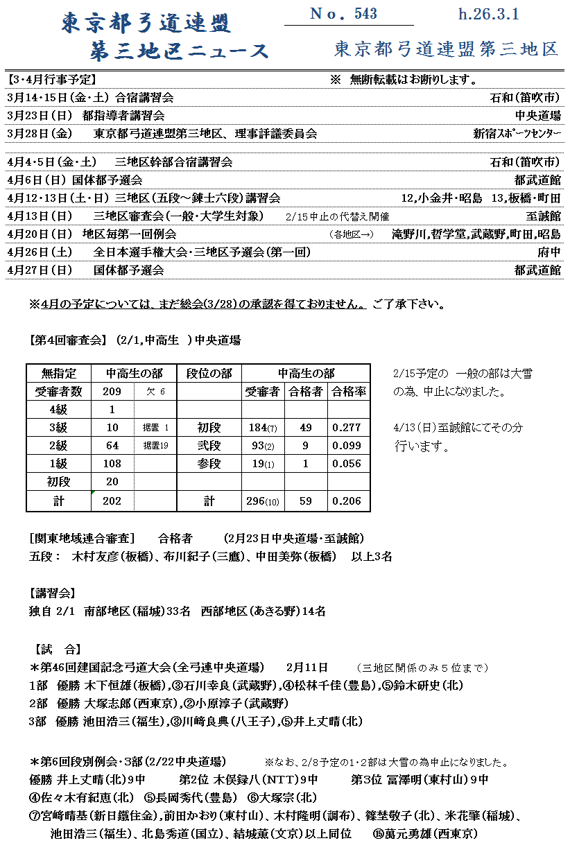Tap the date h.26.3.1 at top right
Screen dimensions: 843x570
(x=488, y=14)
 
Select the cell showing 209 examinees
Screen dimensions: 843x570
(x=112, y=392)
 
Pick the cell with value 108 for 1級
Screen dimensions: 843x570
(x=112, y=464)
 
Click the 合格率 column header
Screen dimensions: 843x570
(x=348, y=392)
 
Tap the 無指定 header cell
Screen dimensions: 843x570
(x=58, y=374)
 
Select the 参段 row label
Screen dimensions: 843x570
(x=209, y=464)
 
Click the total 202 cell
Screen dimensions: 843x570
(x=112, y=500)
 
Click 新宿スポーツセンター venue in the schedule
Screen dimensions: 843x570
(x=517, y=134)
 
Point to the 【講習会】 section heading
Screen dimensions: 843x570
(x=53, y=593)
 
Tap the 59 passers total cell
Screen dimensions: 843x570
(x=305, y=500)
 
